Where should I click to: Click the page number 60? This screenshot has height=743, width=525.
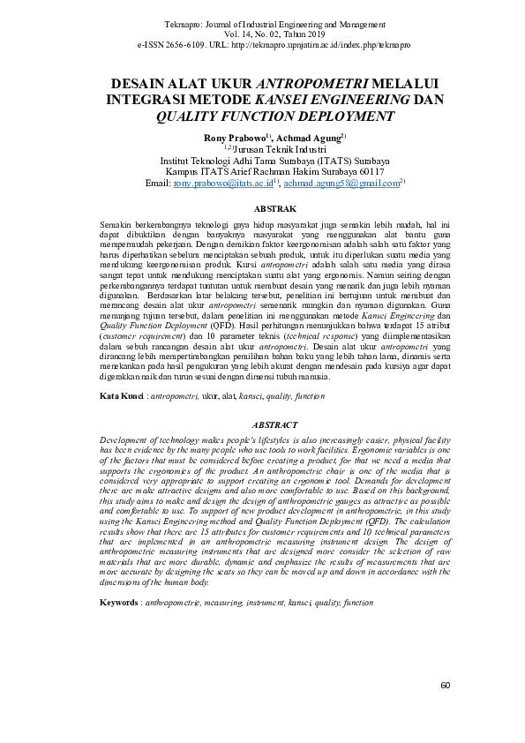446,685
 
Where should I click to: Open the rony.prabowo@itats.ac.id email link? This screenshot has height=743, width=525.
223,184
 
